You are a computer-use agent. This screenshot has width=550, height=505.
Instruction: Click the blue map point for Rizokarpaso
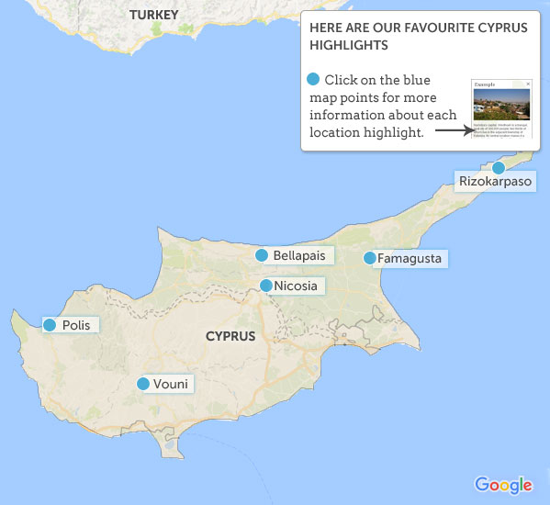pos(499,167)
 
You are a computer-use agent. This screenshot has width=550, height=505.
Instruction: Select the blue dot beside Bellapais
pos(262,255)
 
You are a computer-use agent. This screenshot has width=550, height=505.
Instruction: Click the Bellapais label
pos(299,255)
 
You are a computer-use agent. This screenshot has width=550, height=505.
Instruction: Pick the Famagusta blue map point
pos(369,258)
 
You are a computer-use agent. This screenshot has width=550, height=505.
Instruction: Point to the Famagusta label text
pos(410,259)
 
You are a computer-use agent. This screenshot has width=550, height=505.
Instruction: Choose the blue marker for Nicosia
pos(266,286)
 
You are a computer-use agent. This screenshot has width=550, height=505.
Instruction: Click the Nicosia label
pos(296,286)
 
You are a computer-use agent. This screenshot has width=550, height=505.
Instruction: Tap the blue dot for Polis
pos(50,325)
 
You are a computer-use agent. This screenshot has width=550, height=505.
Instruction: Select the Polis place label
pos(76,325)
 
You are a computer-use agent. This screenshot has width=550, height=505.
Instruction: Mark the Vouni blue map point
pos(142,384)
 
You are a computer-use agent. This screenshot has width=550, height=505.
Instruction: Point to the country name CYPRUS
pos(230,336)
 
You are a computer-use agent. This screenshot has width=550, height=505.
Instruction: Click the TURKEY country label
pos(154,15)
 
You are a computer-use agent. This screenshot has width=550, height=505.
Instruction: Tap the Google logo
pos(503,485)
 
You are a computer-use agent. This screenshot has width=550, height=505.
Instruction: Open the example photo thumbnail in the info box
pos(501,108)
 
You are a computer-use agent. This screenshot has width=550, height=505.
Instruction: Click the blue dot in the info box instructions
pos(314,80)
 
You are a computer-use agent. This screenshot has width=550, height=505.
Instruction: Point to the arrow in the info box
pos(453,129)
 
